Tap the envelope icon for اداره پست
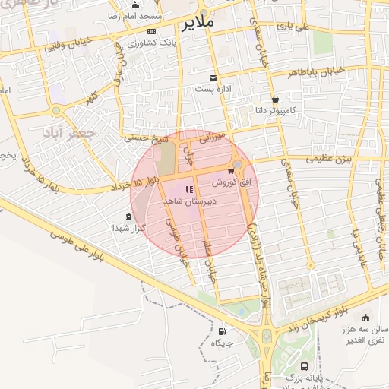213,78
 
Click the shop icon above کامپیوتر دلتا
274,99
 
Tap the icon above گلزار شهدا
128,217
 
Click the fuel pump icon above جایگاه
221,331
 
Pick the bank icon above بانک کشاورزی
151,31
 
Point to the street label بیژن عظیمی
330,159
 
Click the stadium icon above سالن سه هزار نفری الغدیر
366,318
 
